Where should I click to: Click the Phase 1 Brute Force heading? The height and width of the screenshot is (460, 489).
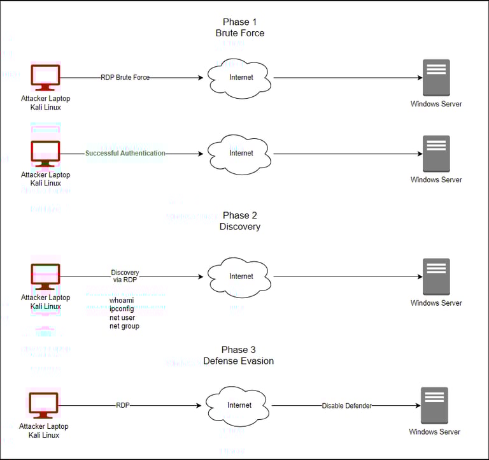[240, 27]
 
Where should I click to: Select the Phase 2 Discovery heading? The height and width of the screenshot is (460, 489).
[240, 221]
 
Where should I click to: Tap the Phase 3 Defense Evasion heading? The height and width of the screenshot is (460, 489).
[239, 356]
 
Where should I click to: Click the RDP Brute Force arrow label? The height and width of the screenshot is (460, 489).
[125, 78]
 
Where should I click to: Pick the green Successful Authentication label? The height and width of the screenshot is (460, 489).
[125, 154]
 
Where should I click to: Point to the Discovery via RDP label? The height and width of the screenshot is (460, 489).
[125, 277]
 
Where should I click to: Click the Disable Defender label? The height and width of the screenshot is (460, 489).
[346, 406]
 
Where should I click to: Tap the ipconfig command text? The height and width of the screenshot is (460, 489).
[122, 308]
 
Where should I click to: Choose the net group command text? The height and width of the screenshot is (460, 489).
[124, 326]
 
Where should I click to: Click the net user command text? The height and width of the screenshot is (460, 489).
[123, 317]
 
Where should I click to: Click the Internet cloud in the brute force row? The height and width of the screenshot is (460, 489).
[241, 78]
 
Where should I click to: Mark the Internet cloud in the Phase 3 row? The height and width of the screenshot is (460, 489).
[239, 405]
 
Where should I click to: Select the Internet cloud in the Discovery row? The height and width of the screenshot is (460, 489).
[241, 277]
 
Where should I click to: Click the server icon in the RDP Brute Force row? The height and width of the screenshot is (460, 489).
[436, 78]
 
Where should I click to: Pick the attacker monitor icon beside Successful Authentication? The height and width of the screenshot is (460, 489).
[45, 154]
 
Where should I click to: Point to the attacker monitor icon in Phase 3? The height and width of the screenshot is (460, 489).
[43, 405]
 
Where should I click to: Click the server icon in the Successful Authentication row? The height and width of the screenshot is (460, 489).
[436, 154]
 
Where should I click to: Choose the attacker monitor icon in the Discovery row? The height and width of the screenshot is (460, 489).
[45, 277]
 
